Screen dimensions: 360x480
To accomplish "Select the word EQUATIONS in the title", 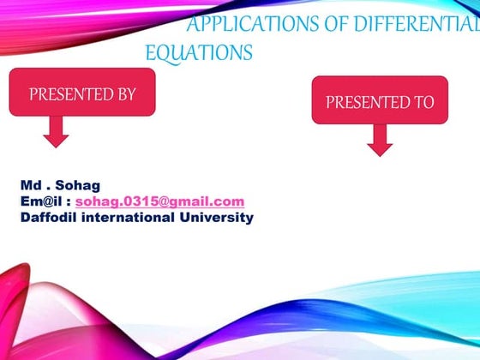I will click(199, 53).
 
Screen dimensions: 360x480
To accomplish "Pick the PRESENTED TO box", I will click(380, 102).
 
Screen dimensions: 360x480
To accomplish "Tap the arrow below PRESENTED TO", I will click(380, 141).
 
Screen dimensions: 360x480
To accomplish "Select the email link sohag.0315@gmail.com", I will click(159, 201).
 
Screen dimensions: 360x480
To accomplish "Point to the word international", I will click(134, 218).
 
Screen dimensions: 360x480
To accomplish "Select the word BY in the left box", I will click(127, 94).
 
